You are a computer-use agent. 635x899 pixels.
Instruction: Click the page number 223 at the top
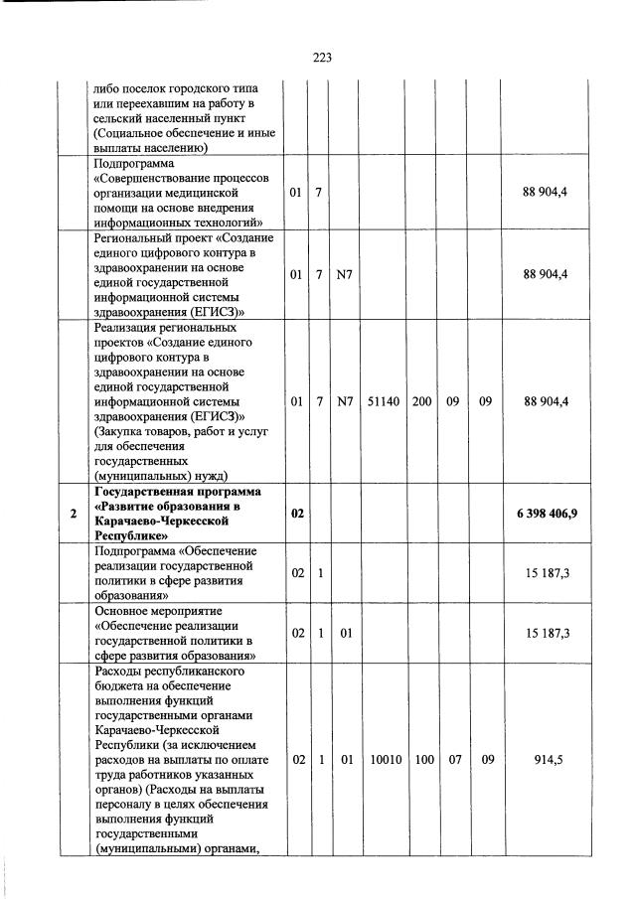tap(321, 58)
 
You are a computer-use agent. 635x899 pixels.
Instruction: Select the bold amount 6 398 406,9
tap(548, 513)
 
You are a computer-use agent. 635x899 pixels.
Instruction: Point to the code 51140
tap(383, 401)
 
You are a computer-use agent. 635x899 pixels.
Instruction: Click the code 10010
tap(383, 759)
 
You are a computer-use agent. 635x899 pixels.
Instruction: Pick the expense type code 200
tap(422, 401)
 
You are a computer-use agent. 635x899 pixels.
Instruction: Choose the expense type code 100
tap(422, 759)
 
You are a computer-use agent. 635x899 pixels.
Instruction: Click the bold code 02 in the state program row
tap(296, 513)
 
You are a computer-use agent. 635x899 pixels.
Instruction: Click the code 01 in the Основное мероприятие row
tap(345, 632)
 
